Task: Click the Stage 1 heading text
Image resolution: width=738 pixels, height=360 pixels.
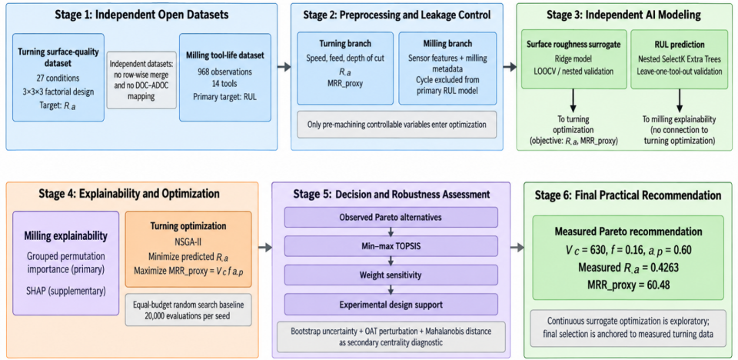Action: (141, 15)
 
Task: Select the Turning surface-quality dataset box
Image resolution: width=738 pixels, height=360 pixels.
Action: (58, 77)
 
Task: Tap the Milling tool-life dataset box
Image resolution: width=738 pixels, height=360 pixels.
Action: (225, 77)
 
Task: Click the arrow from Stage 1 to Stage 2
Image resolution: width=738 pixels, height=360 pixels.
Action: (284, 68)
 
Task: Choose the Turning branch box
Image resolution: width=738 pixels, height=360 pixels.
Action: (345, 68)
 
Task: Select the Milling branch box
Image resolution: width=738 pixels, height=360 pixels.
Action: (447, 68)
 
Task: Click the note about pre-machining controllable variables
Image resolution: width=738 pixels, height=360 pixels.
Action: (397, 125)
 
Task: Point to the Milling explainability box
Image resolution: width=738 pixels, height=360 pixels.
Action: (66, 262)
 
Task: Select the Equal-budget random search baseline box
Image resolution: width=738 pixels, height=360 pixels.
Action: (188, 309)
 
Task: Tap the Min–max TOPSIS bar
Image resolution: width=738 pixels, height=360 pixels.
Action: (391, 246)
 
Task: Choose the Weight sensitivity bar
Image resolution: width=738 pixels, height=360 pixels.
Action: (391, 275)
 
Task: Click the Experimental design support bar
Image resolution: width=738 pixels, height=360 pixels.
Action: (391, 304)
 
